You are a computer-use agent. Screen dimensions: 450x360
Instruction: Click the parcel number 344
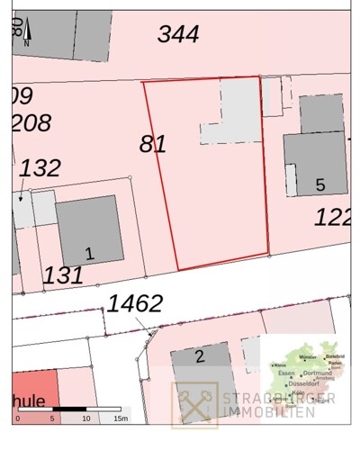click(x=178, y=35)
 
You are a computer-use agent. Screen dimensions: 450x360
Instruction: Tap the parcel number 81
click(x=153, y=144)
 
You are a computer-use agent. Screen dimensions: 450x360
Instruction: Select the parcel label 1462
click(x=135, y=304)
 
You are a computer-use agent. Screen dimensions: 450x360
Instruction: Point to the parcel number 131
click(x=63, y=275)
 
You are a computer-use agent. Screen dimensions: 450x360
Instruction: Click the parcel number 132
click(x=40, y=168)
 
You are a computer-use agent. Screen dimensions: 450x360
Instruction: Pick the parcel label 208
click(x=31, y=123)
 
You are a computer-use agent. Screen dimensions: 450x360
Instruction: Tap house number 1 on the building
click(x=88, y=253)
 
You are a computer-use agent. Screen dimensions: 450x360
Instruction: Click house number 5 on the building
click(x=319, y=185)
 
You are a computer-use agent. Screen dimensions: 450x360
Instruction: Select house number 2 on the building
click(x=199, y=356)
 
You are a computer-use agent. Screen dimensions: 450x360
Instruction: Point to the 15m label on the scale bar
click(x=120, y=419)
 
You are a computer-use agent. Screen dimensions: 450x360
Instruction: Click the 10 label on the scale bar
click(x=86, y=419)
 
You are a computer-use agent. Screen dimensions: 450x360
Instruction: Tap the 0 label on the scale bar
click(x=17, y=419)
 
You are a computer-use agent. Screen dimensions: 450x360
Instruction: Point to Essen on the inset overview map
click(x=287, y=373)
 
